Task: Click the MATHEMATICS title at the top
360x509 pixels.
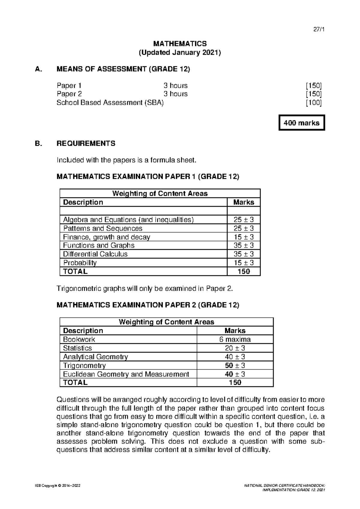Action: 180,44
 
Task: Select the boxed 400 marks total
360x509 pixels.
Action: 301,123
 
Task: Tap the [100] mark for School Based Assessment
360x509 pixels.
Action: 314,103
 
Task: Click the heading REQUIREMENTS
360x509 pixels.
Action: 86,143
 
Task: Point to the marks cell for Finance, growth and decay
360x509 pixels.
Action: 243,237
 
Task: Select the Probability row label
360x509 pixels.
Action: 80,263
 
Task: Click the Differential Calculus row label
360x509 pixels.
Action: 95,254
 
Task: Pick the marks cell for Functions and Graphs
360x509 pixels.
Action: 243,245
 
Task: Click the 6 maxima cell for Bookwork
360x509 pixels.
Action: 235,339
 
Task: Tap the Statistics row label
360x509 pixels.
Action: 77,348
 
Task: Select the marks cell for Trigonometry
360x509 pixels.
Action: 235,366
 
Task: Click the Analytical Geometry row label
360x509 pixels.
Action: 95,357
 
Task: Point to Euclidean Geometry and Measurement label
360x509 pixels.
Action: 126,374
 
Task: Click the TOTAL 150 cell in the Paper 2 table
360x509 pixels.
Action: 235,382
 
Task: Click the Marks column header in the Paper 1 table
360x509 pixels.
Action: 243,202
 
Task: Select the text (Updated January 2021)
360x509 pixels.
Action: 180,53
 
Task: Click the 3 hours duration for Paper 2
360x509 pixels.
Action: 175,94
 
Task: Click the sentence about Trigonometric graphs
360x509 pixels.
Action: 145,289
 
